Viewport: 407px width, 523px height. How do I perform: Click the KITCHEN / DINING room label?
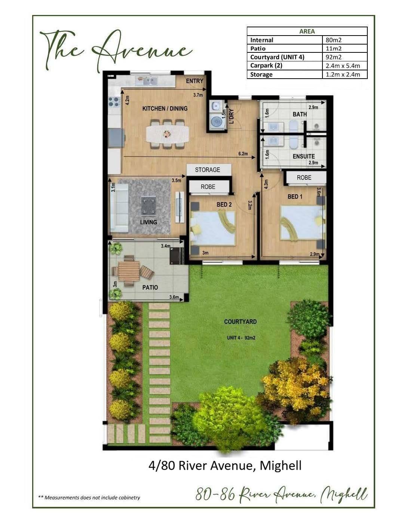165,109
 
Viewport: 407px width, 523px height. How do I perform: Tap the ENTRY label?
195,81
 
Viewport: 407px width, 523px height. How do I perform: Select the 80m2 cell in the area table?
333,40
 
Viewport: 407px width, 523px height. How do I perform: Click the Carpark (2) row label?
266,66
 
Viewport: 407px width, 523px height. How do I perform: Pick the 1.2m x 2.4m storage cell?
343,75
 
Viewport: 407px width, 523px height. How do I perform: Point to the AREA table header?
307,31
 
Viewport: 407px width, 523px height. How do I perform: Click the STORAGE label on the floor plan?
208,170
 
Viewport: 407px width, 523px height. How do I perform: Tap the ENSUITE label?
304,156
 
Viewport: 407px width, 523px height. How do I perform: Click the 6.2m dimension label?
243,153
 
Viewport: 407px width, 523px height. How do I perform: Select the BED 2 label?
224,204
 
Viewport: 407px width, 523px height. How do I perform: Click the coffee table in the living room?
148,205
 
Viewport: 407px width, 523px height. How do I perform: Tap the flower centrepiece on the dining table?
166,134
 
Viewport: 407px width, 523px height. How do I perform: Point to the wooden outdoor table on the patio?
129,271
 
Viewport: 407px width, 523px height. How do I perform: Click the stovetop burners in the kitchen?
114,101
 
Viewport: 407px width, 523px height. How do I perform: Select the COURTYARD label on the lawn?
241,322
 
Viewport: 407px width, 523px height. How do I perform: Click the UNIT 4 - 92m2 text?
241,338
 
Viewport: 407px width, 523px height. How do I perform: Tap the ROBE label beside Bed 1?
304,177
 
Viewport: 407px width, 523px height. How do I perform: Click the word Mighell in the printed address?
281,465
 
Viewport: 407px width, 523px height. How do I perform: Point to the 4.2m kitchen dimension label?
128,100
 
